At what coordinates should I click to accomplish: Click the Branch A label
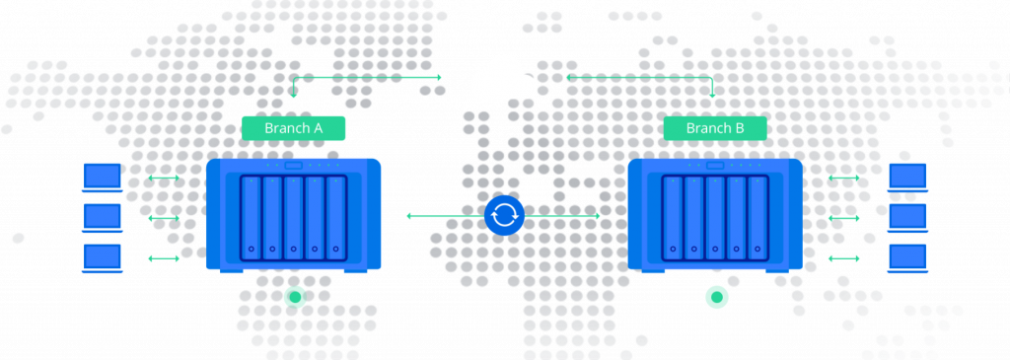(x=293, y=128)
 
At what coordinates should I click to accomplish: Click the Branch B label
(x=715, y=128)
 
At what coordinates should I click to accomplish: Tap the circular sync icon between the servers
(x=504, y=216)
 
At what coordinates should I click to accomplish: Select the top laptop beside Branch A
(x=103, y=178)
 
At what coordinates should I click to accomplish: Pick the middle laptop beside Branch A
(x=103, y=218)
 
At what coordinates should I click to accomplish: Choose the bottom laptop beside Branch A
(x=103, y=257)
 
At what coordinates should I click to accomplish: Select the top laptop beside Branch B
(x=907, y=178)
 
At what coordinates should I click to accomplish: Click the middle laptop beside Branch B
(x=907, y=218)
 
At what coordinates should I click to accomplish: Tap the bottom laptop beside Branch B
(x=907, y=257)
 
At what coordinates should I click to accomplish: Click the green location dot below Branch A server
(x=295, y=297)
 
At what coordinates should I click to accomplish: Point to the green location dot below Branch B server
(x=716, y=297)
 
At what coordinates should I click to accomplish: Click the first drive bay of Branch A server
(x=252, y=218)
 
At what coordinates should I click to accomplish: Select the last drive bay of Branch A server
(x=336, y=218)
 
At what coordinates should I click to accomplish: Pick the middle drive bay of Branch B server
(x=716, y=218)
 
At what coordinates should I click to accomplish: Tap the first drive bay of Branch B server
(x=673, y=218)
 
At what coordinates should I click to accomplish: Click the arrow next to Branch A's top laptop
(x=164, y=178)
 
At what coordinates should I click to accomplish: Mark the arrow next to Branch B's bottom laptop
(x=844, y=258)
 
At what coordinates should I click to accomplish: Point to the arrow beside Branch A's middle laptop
(x=164, y=218)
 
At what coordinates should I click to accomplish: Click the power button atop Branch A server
(x=294, y=166)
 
